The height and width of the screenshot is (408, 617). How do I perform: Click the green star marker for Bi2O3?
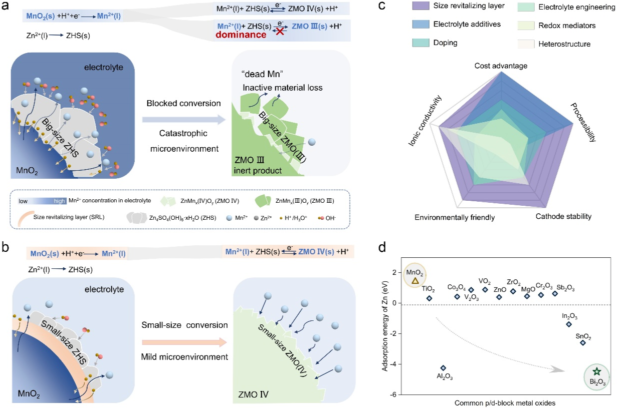tap(596, 371)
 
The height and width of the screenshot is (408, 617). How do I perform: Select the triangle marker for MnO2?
tap(415, 281)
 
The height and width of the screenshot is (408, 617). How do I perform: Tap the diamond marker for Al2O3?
tap(443, 368)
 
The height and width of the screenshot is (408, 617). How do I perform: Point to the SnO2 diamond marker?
tap(583, 342)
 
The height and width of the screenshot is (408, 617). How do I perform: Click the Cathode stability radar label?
tap(563, 217)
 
